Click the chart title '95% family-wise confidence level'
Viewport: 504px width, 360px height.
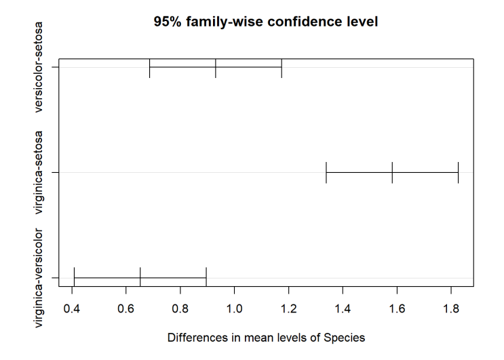(265, 22)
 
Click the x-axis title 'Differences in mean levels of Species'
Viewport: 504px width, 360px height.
(266, 338)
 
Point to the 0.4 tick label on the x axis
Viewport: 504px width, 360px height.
(72, 309)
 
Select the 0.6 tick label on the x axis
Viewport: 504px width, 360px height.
(125, 309)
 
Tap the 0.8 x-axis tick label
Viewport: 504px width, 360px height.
(180, 309)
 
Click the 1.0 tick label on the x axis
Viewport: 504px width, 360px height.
(234, 309)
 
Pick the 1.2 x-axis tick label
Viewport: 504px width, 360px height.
(289, 309)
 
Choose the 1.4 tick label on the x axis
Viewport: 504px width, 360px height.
(343, 309)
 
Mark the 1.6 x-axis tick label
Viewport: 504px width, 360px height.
(397, 309)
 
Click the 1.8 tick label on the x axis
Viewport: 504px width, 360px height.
(451, 309)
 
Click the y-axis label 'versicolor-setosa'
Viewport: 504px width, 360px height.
(38, 67)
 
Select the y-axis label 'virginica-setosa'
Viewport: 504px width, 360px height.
(38, 172)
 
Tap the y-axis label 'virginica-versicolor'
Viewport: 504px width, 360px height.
(38, 278)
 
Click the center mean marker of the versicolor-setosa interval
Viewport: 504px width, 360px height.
(215, 67)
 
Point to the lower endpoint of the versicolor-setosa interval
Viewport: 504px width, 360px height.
(149, 67)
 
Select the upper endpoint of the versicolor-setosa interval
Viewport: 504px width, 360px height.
(282, 67)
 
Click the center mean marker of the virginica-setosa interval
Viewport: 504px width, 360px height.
(392, 172)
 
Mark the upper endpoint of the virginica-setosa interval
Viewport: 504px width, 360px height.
(458, 172)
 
